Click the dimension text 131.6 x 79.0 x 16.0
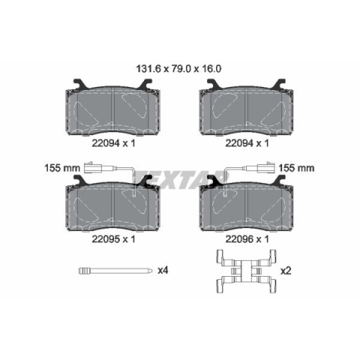178,69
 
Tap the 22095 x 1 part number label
113,239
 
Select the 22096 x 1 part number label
247,239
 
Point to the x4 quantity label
163,270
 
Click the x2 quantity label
286,271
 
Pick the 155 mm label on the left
62,168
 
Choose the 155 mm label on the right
296,168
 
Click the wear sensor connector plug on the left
91,167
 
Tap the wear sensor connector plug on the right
267,167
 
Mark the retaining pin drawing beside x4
115,271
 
